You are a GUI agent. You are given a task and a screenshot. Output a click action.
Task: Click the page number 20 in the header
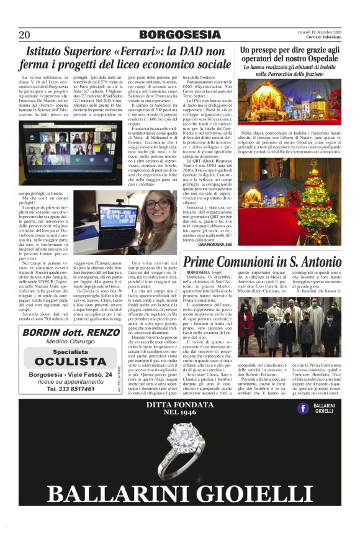[x=24, y=35]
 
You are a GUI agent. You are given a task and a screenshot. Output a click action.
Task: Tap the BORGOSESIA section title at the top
[x=180, y=35]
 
